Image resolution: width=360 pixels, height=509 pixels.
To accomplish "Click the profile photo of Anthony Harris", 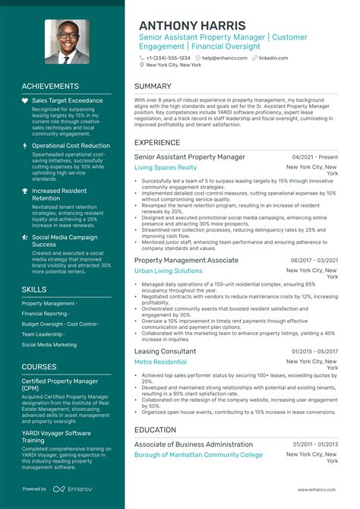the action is tap(64, 43).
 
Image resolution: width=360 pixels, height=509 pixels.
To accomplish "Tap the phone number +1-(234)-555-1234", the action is tap(168, 58).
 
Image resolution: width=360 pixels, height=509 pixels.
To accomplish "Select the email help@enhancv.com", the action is tap(223, 58).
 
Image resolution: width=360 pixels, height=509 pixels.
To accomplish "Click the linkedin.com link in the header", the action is tap(273, 58).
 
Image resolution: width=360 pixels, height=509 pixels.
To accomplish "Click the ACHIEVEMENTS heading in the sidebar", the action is tap(50, 87).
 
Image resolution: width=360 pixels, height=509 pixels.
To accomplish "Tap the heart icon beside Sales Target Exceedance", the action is tap(25, 100).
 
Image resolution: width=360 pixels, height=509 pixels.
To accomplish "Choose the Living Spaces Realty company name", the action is tap(165, 167).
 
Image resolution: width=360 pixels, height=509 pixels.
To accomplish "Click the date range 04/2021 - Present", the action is tap(314, 157).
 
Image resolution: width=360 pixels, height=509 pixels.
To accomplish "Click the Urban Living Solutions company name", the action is tap(168, 270).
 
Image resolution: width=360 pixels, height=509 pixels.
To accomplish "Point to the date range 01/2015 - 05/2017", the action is tap(314, 352).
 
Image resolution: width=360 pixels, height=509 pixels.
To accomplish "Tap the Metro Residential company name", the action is tap(160, 362).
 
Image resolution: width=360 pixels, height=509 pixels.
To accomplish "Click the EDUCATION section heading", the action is tap(156, 429).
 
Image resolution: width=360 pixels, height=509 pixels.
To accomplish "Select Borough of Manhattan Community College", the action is tap(198, 455).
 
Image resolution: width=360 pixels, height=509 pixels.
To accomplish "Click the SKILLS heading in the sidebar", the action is tap(34, 289).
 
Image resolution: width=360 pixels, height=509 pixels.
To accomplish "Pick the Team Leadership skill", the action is tap(42, 334).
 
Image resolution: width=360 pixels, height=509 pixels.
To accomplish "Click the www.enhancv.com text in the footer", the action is tap(317, 489).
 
